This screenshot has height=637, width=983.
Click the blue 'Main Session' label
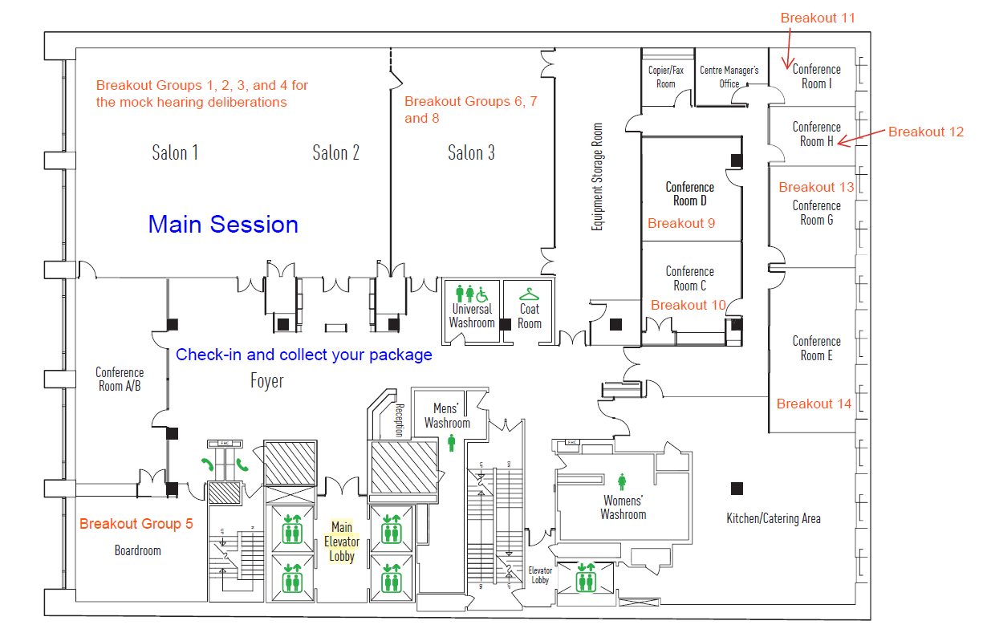click(223, 224)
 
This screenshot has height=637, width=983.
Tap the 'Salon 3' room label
click(471, 152)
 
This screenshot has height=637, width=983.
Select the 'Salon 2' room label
click(335, 152)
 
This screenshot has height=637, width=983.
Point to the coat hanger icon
click(529, 294)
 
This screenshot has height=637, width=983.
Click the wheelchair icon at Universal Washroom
click(482, 294)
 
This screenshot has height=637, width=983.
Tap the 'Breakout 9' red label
click(681, 223)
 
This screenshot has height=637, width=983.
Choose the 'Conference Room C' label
click(690, 278)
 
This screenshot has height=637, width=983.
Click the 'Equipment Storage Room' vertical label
click(597, 176)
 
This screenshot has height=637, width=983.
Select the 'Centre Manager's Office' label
click(729, 77)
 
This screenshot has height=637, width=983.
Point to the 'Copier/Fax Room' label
click(666, 77)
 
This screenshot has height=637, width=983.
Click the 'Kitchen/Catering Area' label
click(774, 518)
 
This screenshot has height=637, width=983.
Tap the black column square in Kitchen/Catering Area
click(737, 489)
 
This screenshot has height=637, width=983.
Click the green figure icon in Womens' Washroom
click(622, 481)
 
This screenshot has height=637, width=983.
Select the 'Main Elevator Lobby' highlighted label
click(342, 542)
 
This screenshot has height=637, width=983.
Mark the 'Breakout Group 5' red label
click(136, 523)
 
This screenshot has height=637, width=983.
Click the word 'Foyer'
click(266, 381)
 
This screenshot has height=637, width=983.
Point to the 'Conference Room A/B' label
click(120, 379)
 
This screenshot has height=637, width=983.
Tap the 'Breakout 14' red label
click(814, 404)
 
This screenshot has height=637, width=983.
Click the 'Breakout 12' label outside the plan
click(926, 132)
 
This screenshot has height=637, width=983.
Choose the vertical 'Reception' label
click(400, 420)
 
